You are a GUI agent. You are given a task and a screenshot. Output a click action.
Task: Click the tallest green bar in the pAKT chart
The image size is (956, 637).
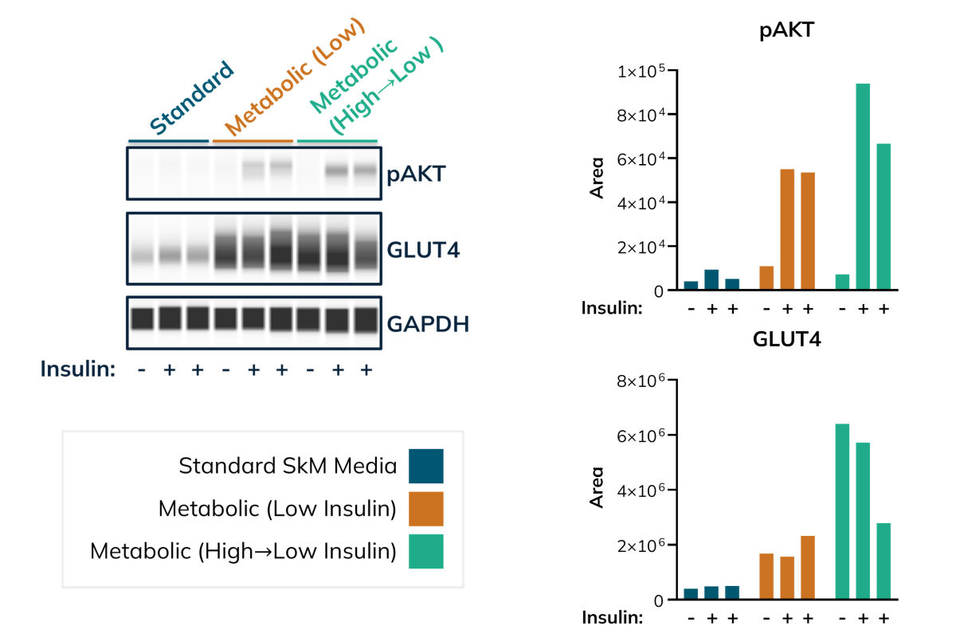tap(863, 186)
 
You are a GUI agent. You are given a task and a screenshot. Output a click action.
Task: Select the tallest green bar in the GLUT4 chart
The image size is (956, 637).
tap(842, 511)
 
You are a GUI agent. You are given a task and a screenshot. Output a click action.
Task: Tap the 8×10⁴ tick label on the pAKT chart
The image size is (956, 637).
tap(641, 115)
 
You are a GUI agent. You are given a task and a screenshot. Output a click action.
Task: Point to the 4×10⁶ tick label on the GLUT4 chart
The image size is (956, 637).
tap(641, 490)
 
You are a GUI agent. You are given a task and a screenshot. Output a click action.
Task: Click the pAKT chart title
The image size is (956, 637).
tap(786, 31)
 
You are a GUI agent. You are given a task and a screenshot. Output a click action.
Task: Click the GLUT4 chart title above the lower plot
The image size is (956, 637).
tap(786, 340)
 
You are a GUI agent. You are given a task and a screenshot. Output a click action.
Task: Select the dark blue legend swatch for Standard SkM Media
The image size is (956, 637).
tap(426, 466)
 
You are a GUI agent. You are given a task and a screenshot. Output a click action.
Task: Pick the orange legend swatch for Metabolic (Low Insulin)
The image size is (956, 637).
tap(426, 509)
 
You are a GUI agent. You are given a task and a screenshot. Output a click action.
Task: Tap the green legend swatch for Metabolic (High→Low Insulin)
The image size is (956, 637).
tap(426, 551)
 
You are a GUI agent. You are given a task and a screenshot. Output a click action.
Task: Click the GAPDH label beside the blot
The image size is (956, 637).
tap(428, 324)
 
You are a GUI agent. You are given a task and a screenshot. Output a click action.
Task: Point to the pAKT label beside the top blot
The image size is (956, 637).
tap(416, 174)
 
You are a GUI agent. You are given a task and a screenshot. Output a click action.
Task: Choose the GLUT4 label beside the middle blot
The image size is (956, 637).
tap(423, 250)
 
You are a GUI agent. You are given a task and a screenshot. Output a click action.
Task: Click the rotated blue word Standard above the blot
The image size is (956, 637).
tap(192, 98)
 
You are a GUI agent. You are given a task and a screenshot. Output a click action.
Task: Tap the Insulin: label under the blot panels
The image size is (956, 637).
tap(78, 369)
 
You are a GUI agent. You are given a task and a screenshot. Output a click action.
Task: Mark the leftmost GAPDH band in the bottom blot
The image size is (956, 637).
tap(142, 318)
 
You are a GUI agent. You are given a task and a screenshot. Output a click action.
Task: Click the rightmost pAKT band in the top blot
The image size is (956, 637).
tap(366, 170)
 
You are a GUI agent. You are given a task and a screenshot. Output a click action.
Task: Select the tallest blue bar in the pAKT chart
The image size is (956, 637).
tap(711, 279)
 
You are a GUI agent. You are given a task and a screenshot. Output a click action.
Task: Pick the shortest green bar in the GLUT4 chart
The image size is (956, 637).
tap(884, 561)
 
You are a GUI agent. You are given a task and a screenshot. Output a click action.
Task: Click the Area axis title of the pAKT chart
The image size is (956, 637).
tap(597, 178)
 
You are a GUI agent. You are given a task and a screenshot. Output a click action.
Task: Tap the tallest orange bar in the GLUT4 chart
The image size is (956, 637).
tap(808, 568)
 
